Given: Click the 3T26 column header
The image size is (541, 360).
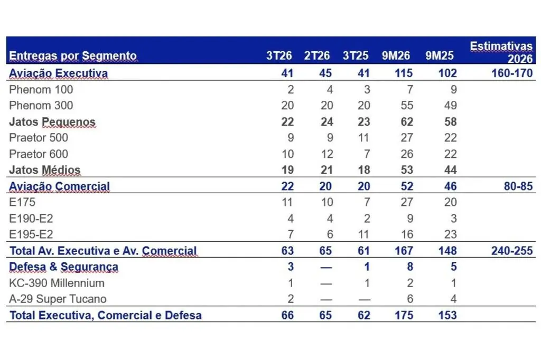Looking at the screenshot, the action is [x=279, y=55].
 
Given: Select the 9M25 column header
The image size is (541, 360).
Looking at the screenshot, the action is [x=440, y=55].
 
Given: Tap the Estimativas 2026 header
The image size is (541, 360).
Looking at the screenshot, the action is [x=501, y=52].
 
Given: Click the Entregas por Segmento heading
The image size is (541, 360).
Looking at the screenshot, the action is [x=73, y=56].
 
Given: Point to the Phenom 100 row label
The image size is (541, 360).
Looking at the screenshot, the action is [x=41, y=90].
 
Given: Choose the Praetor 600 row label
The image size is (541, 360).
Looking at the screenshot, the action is [x=39, y=154].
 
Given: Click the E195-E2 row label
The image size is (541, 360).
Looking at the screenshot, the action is [x=31, y=234].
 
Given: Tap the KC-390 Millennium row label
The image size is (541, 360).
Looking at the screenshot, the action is [x=57, y=283].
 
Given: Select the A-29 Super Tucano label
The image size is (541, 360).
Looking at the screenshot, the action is [x=58, y=299].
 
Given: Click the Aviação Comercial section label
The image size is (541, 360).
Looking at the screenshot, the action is [x=59, y=186].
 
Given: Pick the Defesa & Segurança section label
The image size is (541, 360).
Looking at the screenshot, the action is [x=63, y=267].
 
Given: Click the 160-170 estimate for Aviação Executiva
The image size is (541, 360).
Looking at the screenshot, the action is [x=512, y=73].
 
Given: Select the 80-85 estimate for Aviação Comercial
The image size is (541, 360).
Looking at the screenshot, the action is [x=518, y=186].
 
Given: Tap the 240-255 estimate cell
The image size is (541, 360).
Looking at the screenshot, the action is [x=512, y=251].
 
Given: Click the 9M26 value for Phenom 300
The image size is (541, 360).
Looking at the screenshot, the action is [x=407, y=106].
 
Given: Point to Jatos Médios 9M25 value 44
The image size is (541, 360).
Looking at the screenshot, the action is [x=450, y=170].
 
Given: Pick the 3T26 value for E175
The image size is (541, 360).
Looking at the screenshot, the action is [x=287, y=202].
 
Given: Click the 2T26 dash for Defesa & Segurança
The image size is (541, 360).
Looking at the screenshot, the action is [x=326, y=268].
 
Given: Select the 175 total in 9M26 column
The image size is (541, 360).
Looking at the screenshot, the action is [x=404, y=315].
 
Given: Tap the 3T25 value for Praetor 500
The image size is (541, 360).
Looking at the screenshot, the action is [x=363, y=138].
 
